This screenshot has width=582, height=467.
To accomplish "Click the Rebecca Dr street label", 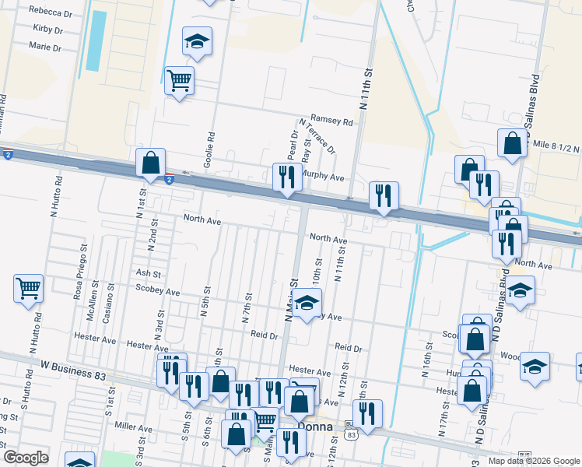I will [x=51, y=12].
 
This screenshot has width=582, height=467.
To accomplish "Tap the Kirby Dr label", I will [x=48, y=30].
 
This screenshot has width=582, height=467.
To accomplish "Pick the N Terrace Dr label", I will [x=317, y=135].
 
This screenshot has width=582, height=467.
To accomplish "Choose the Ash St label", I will [x=148, y=274].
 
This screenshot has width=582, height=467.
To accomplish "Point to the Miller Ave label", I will [x=133, y=428].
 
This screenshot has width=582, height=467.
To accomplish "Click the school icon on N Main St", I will [x=307, y=301].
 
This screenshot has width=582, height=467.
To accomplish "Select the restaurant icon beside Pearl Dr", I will [x=286, y=177].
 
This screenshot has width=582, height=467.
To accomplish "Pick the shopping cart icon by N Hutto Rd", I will [x=28, y=289].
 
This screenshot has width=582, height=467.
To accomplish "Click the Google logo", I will [x=26, y=458].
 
